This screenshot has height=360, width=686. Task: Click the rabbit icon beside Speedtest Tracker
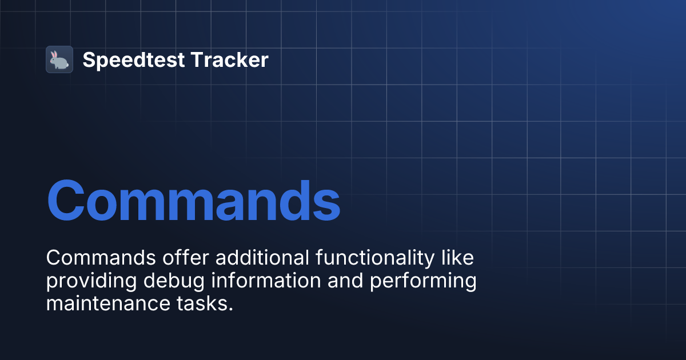pos(59,59)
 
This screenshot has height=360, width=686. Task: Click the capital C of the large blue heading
pos(67,202)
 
